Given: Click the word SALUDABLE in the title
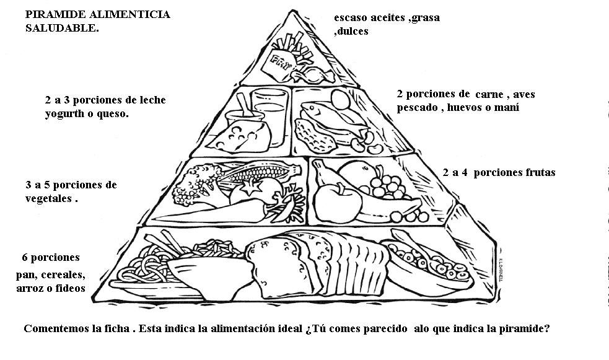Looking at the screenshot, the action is point(62,29).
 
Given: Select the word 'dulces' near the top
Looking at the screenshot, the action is point(351,30).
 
